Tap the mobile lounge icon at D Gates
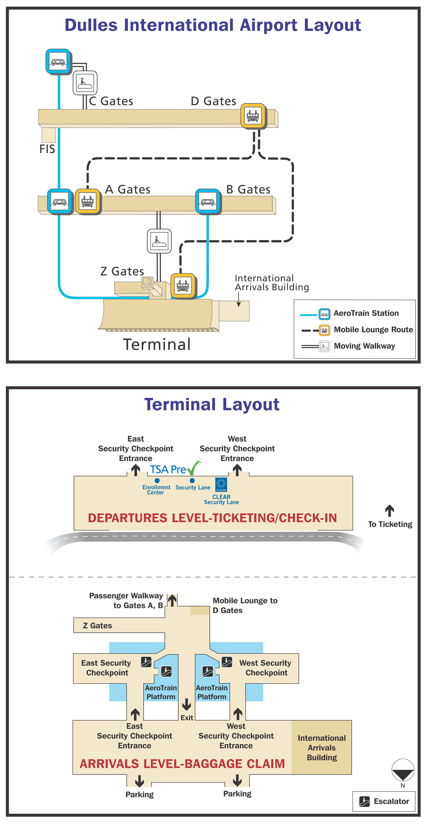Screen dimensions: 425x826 [253, 115]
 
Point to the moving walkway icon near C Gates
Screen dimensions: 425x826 [85, 83]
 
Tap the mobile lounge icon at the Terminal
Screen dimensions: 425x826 [183, 285]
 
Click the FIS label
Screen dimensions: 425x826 [47, 149]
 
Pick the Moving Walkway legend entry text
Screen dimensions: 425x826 [364, 346]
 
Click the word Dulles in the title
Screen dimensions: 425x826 [91, 25]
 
